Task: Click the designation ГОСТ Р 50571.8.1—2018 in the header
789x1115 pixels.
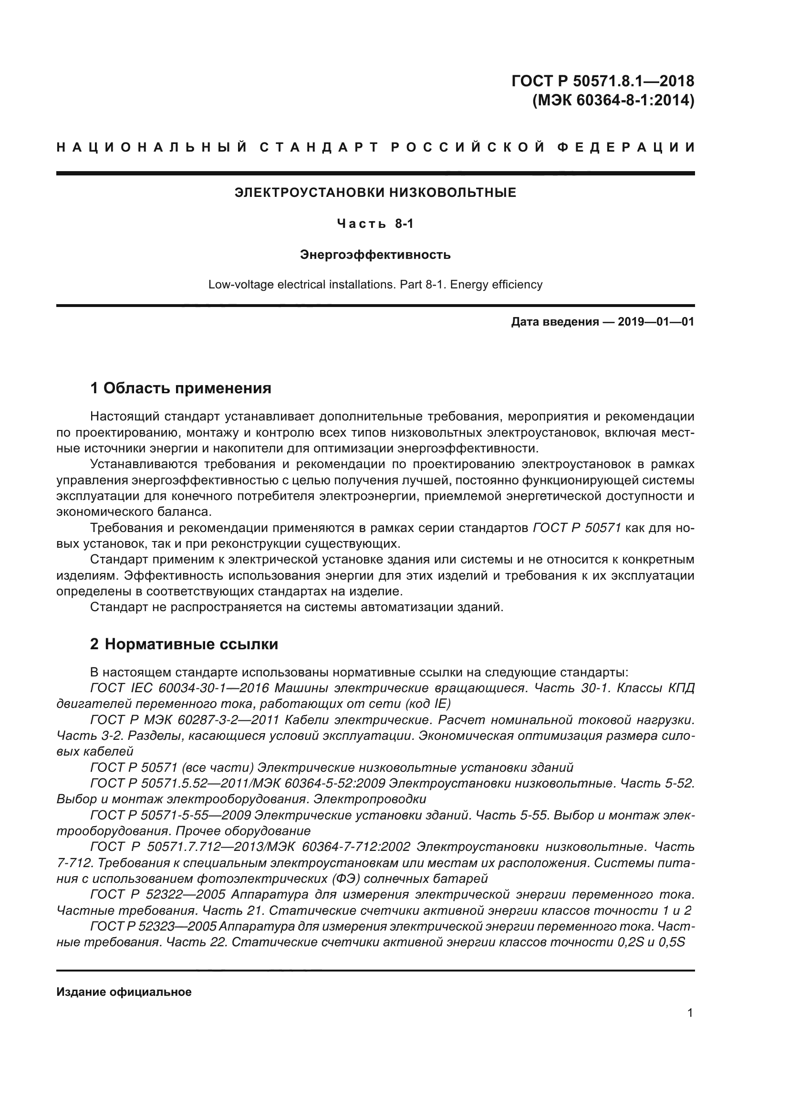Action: (602, 81)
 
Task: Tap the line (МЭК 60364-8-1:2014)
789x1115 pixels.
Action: (613, 101)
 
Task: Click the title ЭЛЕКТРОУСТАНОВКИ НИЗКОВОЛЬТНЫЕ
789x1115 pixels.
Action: (375, 193)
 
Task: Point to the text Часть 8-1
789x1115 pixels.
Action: (375, 224)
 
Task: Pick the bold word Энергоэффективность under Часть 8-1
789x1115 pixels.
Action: (375, 255)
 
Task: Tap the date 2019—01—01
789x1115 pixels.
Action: (656, 322)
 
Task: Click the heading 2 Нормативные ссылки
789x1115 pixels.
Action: (184, 644)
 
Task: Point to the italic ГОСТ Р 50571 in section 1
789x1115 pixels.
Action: (577, 528)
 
